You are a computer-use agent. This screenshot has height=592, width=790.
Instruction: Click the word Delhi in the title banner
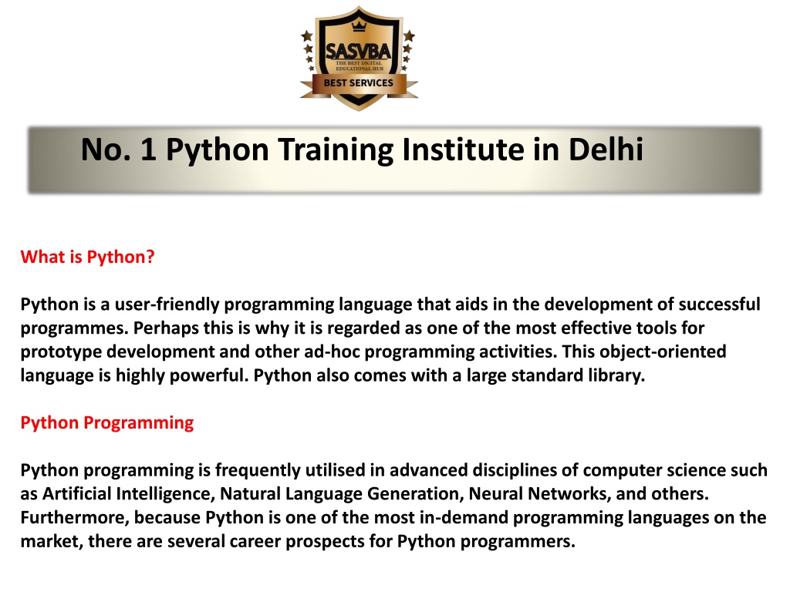pyautogui.click(x=606, y=150)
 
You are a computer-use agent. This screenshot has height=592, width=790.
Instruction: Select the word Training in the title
pyautogui.click(x=336, y=150)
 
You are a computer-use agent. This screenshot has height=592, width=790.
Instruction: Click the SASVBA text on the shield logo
pyautogui.click(x=358, y=51)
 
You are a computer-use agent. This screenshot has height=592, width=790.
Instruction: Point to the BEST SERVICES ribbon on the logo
pyautogui.click(x=358, y=83)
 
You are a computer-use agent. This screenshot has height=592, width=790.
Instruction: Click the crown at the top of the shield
pyautogui.click(x=359, y=25)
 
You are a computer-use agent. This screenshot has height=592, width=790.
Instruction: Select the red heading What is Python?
pyautogui.click(x=88, y=257)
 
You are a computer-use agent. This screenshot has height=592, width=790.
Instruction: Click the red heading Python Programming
pyautogui.click(x=106, y=423)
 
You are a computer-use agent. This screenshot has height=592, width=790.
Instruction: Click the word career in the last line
pyautogui.click(x=255, y=542)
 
